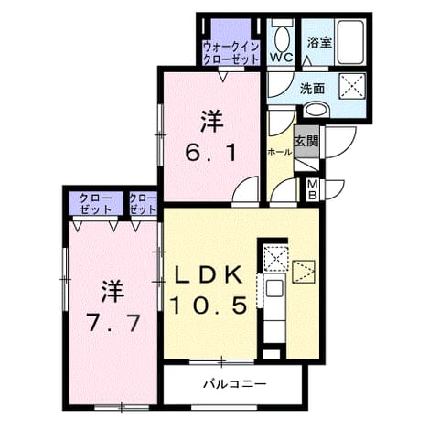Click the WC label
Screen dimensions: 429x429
[x=281, y=57]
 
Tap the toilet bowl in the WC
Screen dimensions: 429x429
[x=282, y=38]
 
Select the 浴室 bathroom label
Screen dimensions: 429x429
[x=318, y=43]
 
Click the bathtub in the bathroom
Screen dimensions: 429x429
[x=350, y=42]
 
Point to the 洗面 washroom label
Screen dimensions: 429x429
[x=312, y=89]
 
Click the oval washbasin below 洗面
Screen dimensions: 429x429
[x=316, y=110]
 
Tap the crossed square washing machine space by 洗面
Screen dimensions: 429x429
[x=352, y=86]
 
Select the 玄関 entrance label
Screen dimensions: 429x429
[x=306, y=142]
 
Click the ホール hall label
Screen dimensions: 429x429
[x=279, y=152]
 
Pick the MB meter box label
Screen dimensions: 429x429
[x=312, y=189]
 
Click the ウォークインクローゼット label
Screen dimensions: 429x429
[x=231, y=53]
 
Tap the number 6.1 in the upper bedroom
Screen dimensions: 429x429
[x=210, y=154]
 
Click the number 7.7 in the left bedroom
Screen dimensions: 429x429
[x=113, y=323]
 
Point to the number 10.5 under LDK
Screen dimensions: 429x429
[x=209, y=306]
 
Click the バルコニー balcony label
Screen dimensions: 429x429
[x=235, y=384]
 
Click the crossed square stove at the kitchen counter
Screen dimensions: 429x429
[x=275, y=258]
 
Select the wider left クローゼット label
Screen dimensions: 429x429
[x=95, y=204]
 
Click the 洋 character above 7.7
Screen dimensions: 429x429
[x=113, y=291]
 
